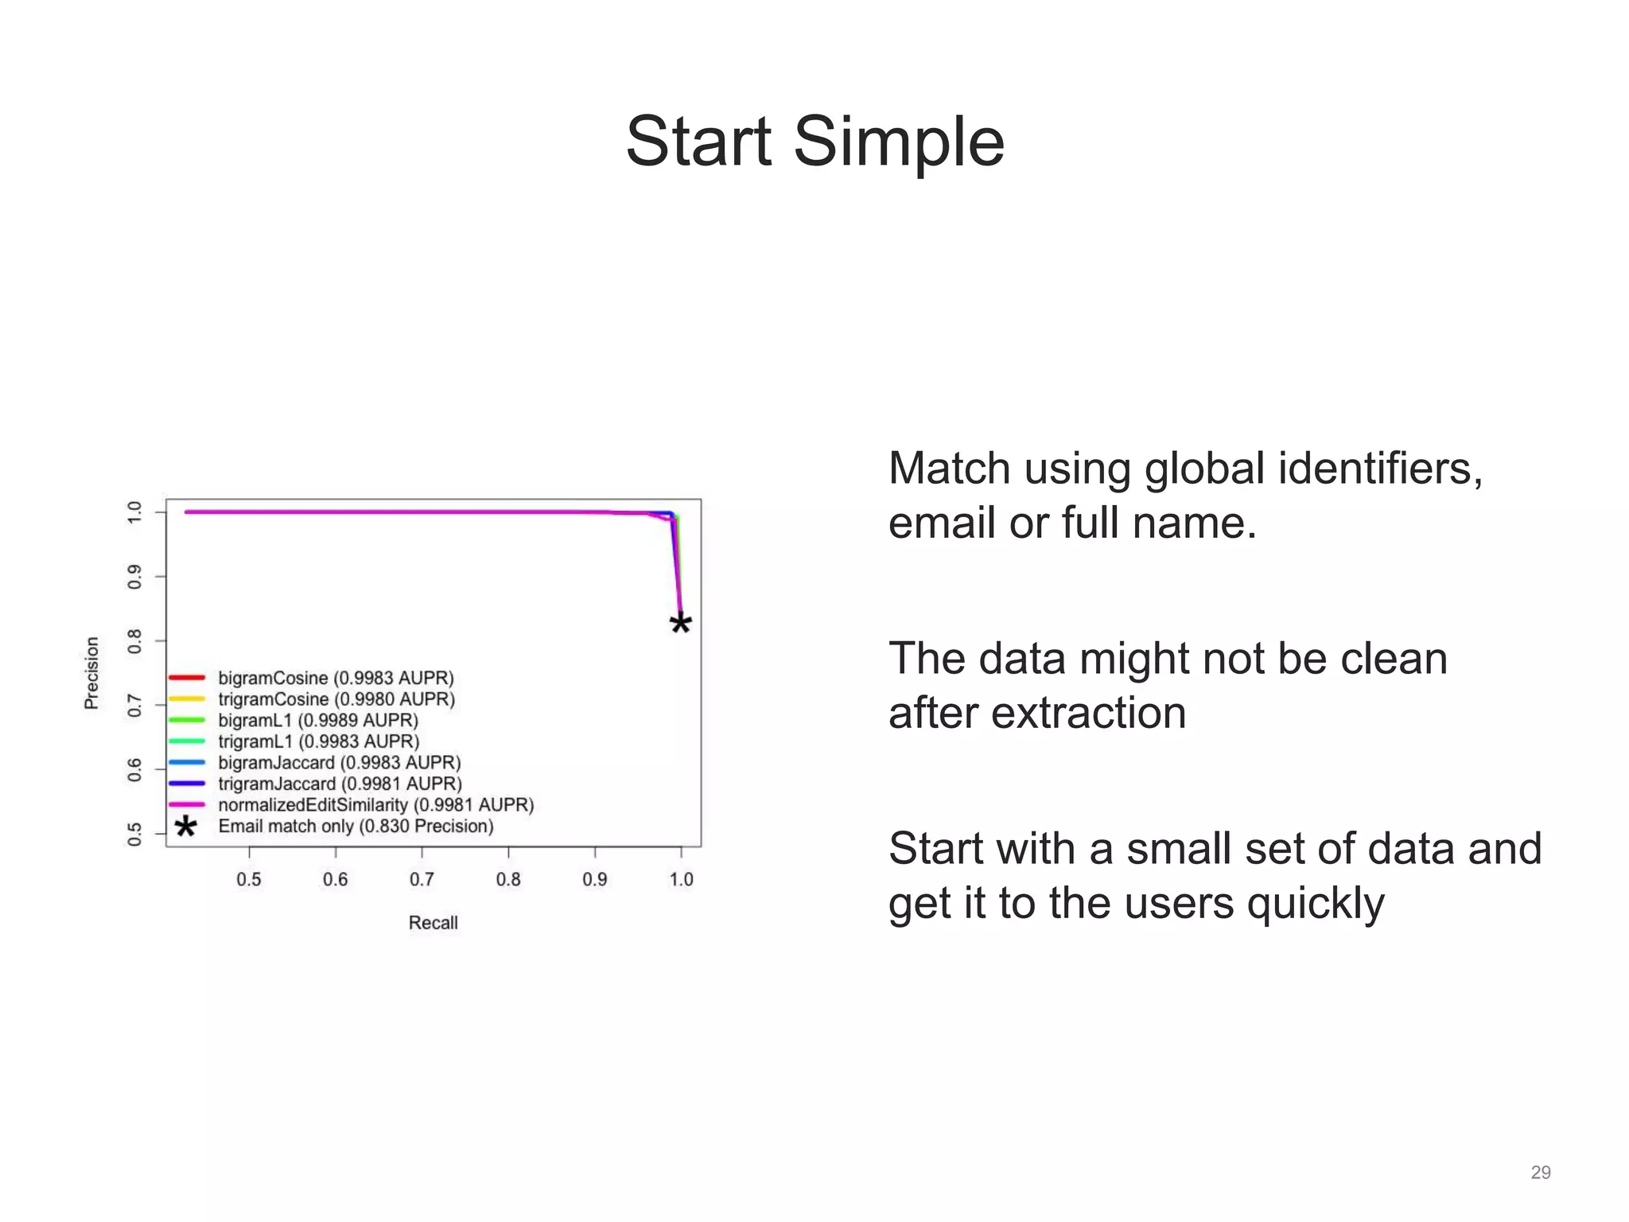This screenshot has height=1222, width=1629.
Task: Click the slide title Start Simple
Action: pyautogui.click(x=814, y=142)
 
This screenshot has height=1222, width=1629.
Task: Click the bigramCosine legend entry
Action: pyautogui.click(x=336, y=678)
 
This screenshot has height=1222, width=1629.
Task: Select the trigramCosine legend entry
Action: pyautogui.click(x=336, y=699)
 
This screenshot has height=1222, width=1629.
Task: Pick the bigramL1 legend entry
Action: pyautogui.click(x=318, y=720)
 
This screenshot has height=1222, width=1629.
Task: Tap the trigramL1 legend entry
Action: pyautogui.click(x=318, y=741)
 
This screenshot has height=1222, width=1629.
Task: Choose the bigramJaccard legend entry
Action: pyautogui.click(x=340, y=763)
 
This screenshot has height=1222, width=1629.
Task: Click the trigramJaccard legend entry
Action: pyautogui.click(x=340, y=784)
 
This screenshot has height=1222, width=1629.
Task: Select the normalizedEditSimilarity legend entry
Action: pyautogui.click(x=375, y=805)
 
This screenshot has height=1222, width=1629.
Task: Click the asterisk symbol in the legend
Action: pyautogui.click(x=185, y=827)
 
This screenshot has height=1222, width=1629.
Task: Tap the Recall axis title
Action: pyautogui.click(x=433, y=923)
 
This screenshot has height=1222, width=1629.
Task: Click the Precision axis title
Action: pyautogui.click(x=92, y=672)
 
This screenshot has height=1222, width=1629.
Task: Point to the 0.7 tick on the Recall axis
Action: pyautogui.click(x=422, y=879)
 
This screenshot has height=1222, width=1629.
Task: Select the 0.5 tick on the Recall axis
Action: pyautogui.click(x=249, y=879)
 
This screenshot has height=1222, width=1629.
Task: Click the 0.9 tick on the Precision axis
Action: pyautogui.click(x=134, y=577)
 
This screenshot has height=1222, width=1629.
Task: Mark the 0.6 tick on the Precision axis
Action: pyautogui.click(x=134, y=769)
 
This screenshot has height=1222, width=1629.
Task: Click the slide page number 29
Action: pyautogui.click(x=1541, y=1173)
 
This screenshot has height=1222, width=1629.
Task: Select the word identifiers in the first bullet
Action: pyautogui.click(x=1380, y=468)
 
